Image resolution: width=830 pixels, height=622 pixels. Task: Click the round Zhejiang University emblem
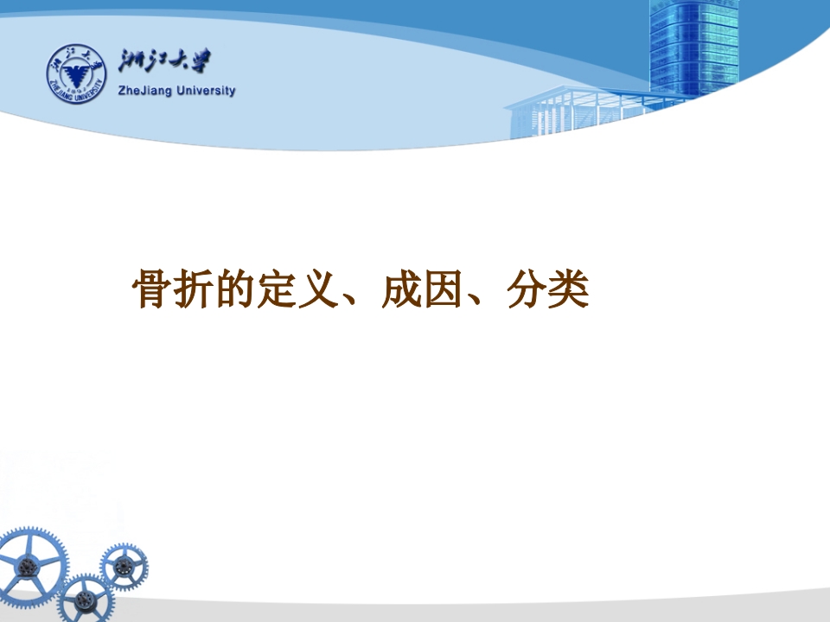tap(75, 72)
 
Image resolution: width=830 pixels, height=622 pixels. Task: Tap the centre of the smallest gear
tap(124, 567)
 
